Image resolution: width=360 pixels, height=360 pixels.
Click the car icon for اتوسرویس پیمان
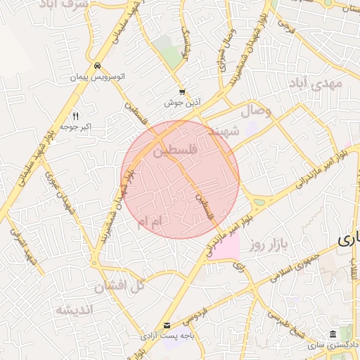96,65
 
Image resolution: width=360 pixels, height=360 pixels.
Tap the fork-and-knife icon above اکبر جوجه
76,116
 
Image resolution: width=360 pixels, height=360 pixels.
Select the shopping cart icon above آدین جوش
183,92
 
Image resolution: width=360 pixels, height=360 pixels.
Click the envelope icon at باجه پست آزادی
167,325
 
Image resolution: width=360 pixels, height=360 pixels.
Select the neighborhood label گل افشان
118,285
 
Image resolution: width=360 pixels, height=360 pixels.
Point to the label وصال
257,111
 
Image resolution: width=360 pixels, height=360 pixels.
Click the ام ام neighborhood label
150,222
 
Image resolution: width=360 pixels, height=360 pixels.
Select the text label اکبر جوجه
77,127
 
